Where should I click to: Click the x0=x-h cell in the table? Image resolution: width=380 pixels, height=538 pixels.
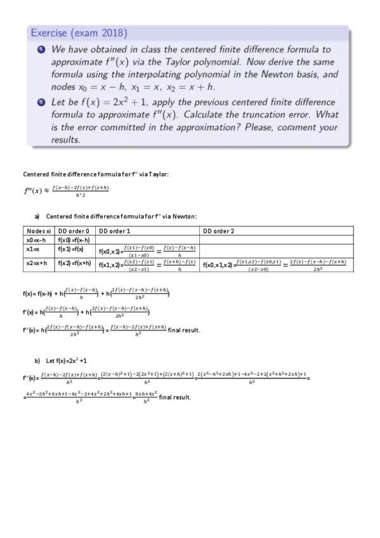(x=36, y=239)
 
